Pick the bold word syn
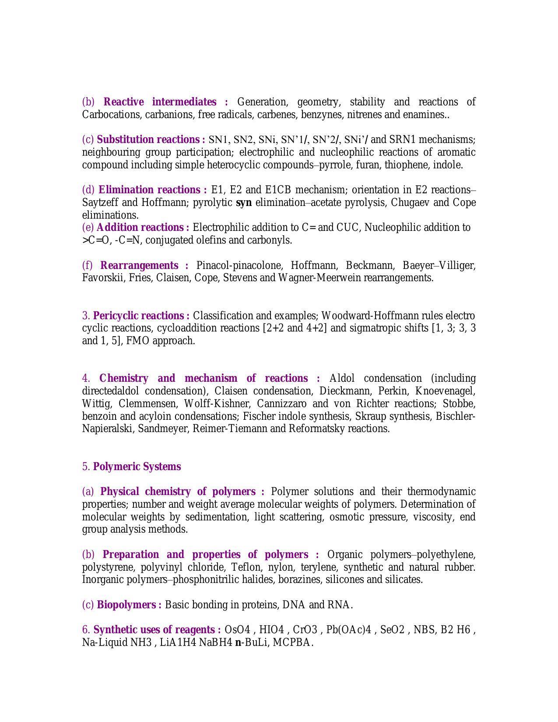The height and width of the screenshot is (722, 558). coord(244,203)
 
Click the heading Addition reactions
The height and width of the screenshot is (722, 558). coord(143,228)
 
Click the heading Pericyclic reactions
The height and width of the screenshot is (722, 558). coord(141,316)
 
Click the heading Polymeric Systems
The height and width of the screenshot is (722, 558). coord(137,467)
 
